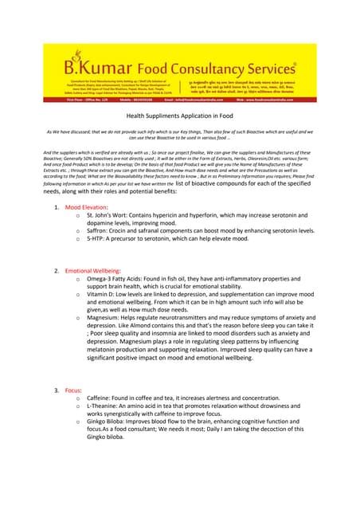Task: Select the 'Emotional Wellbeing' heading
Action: [97, 270]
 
